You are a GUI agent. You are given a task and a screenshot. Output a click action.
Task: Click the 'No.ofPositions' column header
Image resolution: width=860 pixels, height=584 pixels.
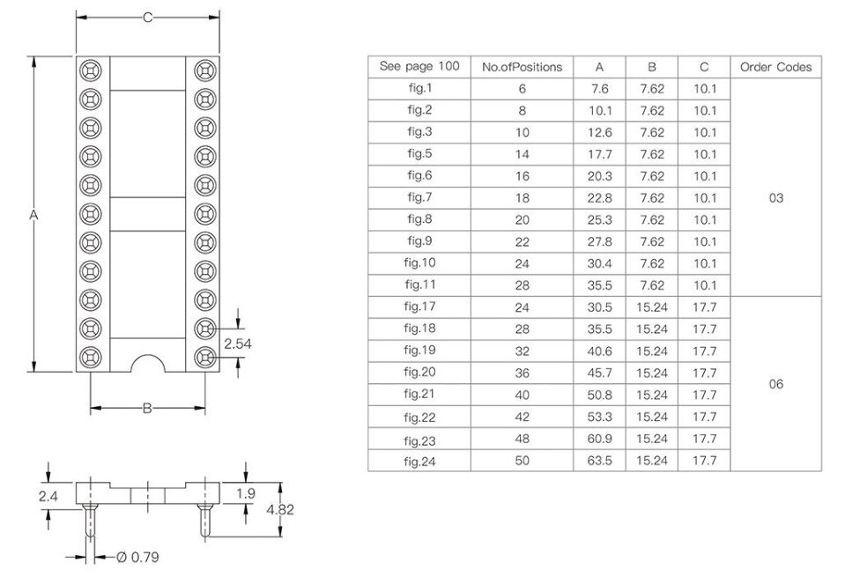pyautogui.click(x=522, y=67)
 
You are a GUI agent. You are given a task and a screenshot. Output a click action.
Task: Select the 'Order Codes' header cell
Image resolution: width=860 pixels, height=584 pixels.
pyautogui.click(x=775, y=67)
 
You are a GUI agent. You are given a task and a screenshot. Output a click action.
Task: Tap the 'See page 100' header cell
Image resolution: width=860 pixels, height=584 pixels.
pyautogui.click(x=419, y=66)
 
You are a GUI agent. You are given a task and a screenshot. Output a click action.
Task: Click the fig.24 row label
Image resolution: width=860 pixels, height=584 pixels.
pyautogui.click(x=419, y=462)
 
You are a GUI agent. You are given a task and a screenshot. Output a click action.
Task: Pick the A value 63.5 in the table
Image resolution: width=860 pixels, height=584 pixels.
pyautogui.click(x=599, y=460)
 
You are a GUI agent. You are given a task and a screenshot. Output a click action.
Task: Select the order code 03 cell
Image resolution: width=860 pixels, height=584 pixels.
pyautogui.click(x=775, y=198)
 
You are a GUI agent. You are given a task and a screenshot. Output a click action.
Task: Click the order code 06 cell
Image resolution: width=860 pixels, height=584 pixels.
pyautogui.click(x=775, y=384)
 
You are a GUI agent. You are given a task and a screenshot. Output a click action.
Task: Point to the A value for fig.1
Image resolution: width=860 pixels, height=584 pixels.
pyautogui.click(x=599, y=88)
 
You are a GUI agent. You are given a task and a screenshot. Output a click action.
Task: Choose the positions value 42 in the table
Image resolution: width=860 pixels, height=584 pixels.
pyautogui.click(x=522, y=417)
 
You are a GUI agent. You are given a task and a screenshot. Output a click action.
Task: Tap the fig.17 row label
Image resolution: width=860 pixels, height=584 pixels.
pyautogui.click(x=419, y=307)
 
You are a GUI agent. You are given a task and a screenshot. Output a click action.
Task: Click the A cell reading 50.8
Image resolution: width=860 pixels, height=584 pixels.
pyautogui.click(x=599, y=395)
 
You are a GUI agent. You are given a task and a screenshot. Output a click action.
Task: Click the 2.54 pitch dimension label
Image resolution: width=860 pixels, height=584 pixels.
pyautogui.click(x=238, y=344)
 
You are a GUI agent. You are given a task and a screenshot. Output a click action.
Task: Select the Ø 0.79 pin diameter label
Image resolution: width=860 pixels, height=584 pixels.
pyautogui.click(x=137, y=557)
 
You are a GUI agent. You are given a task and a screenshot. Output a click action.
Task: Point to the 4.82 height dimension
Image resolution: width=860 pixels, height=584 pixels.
pyautogui.click(x=279, y=509)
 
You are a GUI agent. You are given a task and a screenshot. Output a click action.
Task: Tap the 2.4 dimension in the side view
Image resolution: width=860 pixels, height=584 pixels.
pyautogui.click(x=48, y=496)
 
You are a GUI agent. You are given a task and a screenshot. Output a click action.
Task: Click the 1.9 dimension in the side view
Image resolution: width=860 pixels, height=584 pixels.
pyautogui.click(x=246, y=493)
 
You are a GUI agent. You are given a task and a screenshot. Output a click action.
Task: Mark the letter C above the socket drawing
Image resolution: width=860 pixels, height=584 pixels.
pyautogui.click(x=147, y=18)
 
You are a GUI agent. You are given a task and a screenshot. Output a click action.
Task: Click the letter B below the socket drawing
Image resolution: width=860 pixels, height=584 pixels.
pyautogui.click(x=147, y=408)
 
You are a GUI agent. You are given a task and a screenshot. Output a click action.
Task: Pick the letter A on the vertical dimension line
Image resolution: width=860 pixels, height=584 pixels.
pyautogui.click(x=33, y=215)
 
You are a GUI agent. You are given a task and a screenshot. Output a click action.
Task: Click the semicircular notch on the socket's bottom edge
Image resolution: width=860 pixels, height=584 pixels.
pyautogui.click(x=147, y=357)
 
